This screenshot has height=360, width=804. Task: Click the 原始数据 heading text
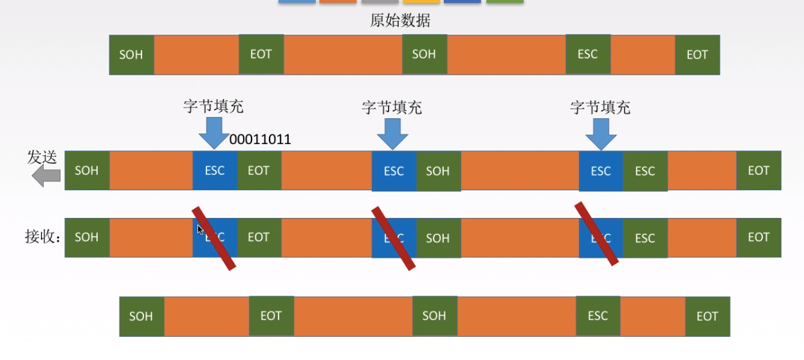(x=400, y=21)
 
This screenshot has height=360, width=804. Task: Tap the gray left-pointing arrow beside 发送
(x=46, y=174)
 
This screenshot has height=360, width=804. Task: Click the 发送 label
(x=42, y=157)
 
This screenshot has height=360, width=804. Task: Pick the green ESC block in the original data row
(x=588, y=55)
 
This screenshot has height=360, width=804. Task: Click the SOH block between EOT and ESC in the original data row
(x=425, y=55)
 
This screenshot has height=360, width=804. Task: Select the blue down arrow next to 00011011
(x=214, y=134)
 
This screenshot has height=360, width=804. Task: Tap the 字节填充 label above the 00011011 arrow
(x=214, y=107)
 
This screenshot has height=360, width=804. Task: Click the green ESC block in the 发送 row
(x=645, y=171)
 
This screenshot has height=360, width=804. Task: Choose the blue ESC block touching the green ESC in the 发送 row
(x=601, y=171)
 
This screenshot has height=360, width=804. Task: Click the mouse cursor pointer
(x=200, y=229)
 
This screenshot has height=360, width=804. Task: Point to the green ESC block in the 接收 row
(x=645, y=238)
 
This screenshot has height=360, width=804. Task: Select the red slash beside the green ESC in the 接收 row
(x=596, y=234)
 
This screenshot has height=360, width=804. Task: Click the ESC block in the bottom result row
(x=598, y=316)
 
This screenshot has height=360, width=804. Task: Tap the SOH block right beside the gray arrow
(x=87, y=171)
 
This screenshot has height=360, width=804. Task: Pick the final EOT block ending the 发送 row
(x=758, y=171)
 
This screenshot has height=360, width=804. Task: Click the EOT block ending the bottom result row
(x=708, y=316)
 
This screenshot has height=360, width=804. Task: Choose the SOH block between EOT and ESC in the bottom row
(x=434, y=316)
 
